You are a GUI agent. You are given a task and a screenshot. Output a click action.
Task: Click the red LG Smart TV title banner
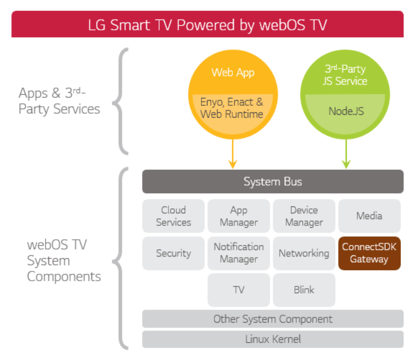pyautogui.click(x=208, y=25)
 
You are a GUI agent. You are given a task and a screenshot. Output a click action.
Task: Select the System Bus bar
pyautogui.click(x=273, y=182)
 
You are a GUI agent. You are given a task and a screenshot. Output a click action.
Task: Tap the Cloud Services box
pyautogui.click(x=173, y=216)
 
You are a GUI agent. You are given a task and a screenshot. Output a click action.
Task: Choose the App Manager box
pyautogui.click(x=239, y=216)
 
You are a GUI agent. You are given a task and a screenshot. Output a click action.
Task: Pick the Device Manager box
pyautogui.click(x=304, y=216)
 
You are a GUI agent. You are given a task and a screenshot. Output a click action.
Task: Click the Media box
pyautogui.click(x=369, y=216)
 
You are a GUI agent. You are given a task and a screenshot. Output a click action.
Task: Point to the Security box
pyautogui.click(x=173, y=253)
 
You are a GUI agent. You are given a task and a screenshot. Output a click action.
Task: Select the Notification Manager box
pyautogui.click(x=239, y=253)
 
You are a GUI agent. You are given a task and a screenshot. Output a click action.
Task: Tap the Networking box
pyautogui.click(x=304, y=253)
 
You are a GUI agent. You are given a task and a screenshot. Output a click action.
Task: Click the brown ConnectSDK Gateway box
pyautogui.click(x=369, y=253)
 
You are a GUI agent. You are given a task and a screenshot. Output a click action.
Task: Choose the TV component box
pyautogui.click(x=239, y=290)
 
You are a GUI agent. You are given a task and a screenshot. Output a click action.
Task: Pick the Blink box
pyautogui.click(x=304, y=290)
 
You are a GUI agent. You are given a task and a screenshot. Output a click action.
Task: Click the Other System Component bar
pyautogui.click(x=273, y=319)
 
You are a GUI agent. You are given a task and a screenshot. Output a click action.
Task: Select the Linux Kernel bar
pyautogui.click(x=273, y=339)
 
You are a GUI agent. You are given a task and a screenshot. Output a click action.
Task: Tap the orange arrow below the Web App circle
pyautogui.click(x=232, y=154)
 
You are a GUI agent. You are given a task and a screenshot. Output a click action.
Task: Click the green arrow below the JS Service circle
pyautogui.click(x=346, y=154)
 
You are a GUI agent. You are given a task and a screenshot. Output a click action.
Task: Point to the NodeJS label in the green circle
pyautogui.click(x=346, y=111)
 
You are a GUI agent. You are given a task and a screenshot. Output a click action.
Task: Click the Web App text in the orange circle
pyautogui.click(x=232, y=72)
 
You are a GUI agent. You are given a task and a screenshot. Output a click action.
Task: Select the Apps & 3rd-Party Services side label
pyautogui.click(x=59, y=101)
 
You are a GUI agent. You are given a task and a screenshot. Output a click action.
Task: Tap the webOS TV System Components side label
pyautogui.click(x=64, y=261)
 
